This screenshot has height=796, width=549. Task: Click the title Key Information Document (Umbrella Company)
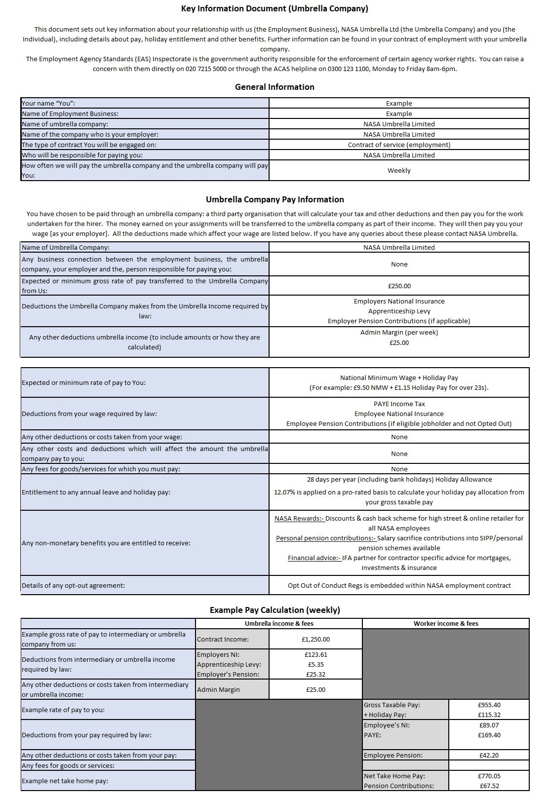point(274,8)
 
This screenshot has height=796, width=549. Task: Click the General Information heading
point(274,87)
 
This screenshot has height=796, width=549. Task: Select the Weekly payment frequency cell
point(399,170)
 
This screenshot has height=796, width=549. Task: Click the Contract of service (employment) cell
point(399,145)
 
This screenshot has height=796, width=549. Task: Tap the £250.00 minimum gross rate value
point(399,286)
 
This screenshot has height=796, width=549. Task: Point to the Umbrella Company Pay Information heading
point(274,199)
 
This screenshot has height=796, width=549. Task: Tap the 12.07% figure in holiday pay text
point(284,492)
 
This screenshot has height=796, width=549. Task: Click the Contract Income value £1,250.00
point(315,639)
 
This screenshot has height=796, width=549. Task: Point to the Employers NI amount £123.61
point(315,654)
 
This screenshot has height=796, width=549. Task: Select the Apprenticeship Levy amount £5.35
point(315,664)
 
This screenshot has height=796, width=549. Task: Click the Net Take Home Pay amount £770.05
point(489,776)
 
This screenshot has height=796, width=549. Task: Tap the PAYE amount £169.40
point(489,735)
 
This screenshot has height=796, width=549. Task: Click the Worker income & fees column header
point(445,623)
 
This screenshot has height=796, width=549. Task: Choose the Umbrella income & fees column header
point(279,623)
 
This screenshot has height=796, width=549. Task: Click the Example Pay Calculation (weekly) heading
point(274,610)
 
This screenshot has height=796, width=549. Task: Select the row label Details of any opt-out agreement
point(73,585)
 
